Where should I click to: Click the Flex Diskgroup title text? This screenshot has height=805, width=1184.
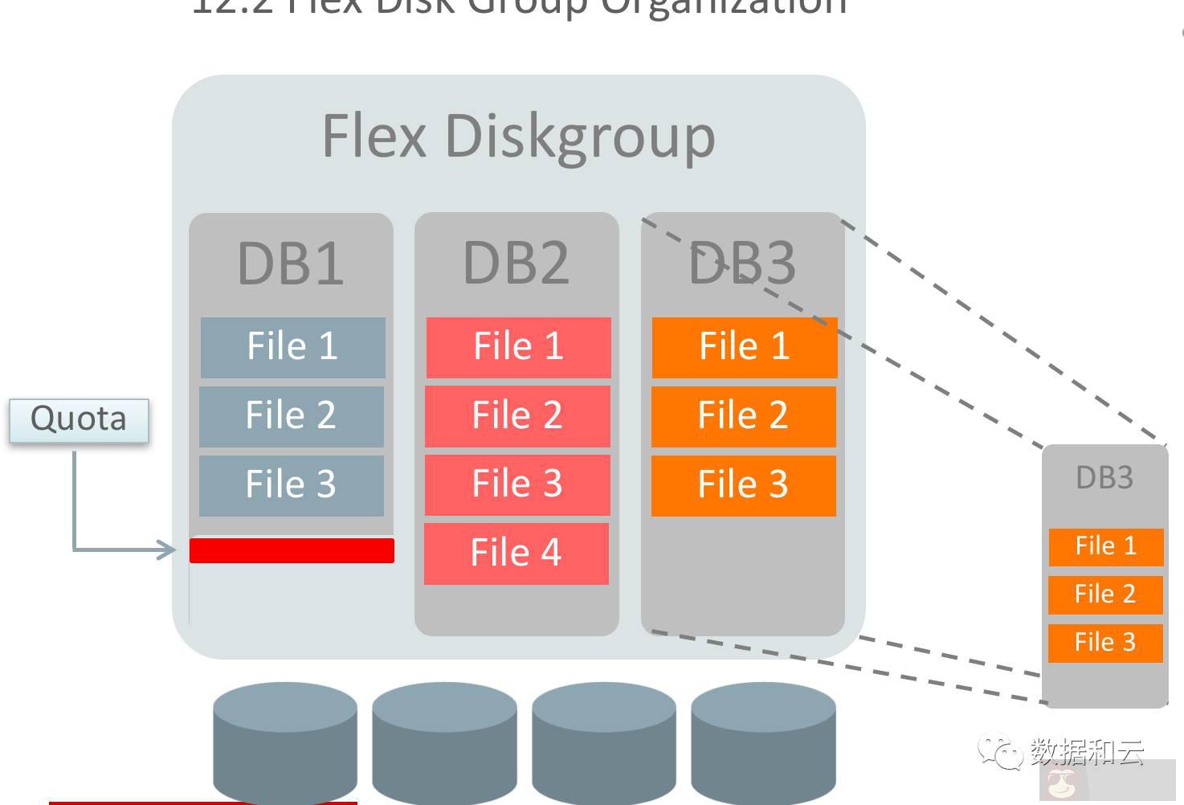coord(518,137)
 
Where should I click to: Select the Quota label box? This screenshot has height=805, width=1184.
coord(79,419)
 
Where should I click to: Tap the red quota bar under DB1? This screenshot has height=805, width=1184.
coord(292,550)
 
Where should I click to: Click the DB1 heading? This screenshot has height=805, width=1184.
coord(291,263)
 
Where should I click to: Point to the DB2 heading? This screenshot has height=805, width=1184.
coord(516,263)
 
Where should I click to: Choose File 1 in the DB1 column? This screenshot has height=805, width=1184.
coord(292,347)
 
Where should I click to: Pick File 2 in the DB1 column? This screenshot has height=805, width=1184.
coord(291,416)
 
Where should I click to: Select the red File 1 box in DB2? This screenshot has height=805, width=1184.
coord(518,347)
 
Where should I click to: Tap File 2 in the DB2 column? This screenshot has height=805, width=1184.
coord(517,416)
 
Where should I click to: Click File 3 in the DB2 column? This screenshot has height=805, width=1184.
coord(517,484)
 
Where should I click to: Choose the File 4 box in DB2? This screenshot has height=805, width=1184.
coord(516,554)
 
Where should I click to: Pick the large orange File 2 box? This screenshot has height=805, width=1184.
coord(743,416)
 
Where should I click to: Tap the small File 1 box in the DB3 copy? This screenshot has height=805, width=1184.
coord(1105,546)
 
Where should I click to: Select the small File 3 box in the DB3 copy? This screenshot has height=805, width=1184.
coord(1105,643)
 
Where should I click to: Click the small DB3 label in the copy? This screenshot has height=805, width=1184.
coord(1104,478)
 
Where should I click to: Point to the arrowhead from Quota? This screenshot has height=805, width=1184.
coord(167,550)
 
